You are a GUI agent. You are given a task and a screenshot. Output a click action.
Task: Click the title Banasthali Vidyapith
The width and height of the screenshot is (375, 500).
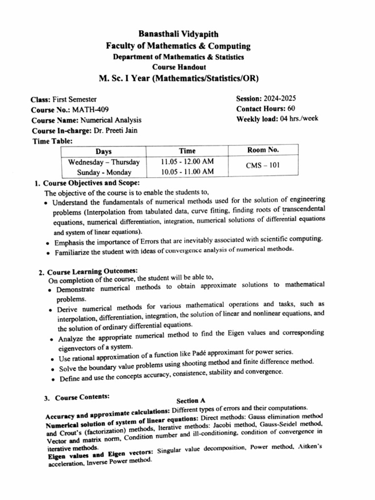tap(178, 34)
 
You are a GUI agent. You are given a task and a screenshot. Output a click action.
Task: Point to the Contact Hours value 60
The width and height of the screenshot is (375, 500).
tap(291, 109)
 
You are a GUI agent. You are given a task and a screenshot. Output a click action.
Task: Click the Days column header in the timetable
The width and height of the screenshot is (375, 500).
tap(104, 152)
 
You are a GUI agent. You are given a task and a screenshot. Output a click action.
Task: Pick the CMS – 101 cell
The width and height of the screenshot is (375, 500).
tap(263, 166)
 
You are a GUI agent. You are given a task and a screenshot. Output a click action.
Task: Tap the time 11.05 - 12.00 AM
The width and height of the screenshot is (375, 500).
tap(187, 162)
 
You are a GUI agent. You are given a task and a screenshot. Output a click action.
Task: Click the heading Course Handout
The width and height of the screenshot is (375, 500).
tap(179, 67)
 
